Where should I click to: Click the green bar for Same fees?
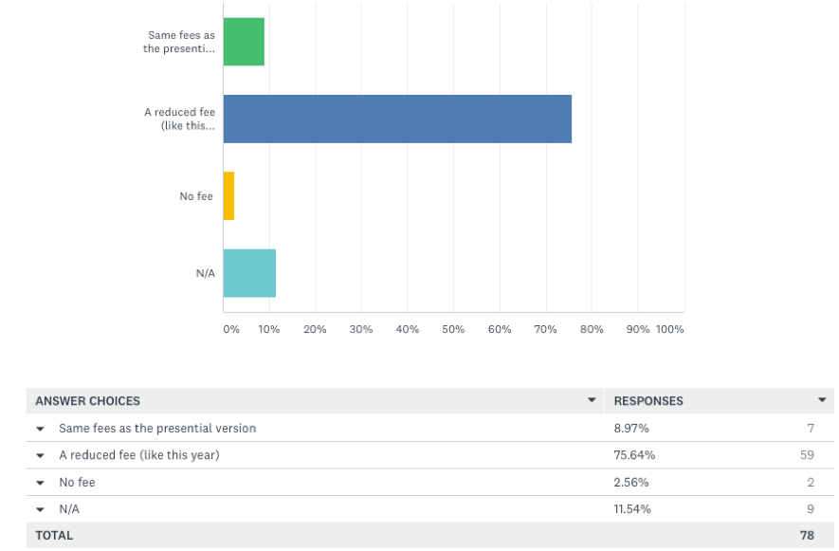tap(244, 42)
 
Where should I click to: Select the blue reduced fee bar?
tap(397, 119)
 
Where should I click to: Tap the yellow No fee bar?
tap(228, 196)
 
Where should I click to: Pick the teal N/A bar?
tap(249, 273)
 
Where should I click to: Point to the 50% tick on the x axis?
tap(453, 329)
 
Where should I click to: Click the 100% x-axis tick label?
tap(669, 329)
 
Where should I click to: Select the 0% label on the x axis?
tap(231, 329)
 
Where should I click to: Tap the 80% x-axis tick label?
tap(592, 329)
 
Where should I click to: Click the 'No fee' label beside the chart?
tap(196, 196)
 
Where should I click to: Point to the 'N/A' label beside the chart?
tap(206, 273)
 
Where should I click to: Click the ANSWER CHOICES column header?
tap(88, 401)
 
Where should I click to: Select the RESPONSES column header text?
tap(648, 401)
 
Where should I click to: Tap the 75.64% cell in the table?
tap(634, 455)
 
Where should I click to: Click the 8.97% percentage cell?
tap(631, 428)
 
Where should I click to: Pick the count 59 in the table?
tap(807, 455)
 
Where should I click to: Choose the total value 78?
tap(807, 536)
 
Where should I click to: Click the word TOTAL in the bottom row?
tap(54, 536)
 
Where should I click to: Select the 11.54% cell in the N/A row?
tap(633, 509)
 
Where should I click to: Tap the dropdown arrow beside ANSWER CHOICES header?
tap(592, 400)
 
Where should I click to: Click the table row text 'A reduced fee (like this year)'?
tap(138, 455)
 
